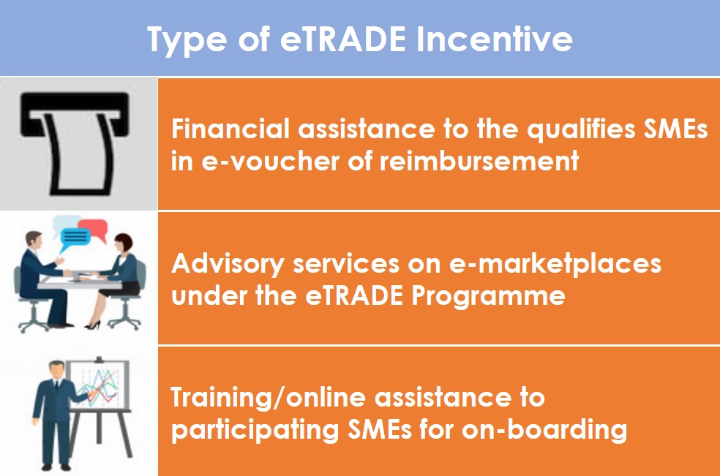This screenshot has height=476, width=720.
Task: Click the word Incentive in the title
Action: pyautogui.click(x=495, y=39)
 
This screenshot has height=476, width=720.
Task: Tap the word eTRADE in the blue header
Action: pyautogui.click(x=343, y=39)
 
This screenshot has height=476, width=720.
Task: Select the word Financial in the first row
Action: pyautogui.click(x=230, y=129)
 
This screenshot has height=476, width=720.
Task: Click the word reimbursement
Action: pyautogui.click(x=479, y=161)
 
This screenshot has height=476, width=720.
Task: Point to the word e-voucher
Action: pyautogui.click(x=270, y=161)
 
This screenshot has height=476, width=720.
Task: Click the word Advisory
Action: pyautogui.click(x=228, y=265)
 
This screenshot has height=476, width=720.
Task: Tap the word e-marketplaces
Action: pyautogui.click(x=555, y=265)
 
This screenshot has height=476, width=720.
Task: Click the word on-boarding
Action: pyautogui.click(x=544, y=430)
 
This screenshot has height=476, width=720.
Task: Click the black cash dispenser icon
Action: pyautogui.click(x=75, y=143)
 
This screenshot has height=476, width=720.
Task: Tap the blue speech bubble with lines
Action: pyautogui.click(x=75, y=238)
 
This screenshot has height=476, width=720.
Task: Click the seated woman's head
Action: pyautogui.click(x=123, y=243)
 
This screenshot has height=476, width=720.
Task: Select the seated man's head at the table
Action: pyautogui.click(x=33, y=241)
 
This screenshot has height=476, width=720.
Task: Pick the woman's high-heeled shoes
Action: pyautogui.click(x=93, y=325)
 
